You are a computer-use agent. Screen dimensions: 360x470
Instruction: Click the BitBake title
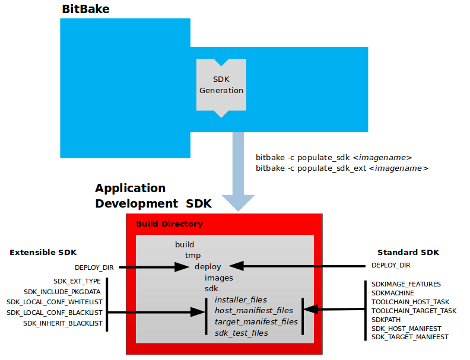pyautogui.click(x=85, y=9)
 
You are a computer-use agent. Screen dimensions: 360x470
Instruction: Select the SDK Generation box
pyautogui.click(x=221, y=85)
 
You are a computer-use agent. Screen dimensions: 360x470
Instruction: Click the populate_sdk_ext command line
pyautogui.click(x=342, y=168)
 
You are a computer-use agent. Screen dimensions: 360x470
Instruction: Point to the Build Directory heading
pyautogui.click(x=169, y=224)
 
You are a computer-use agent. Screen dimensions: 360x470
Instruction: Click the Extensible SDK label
pyautogui.click(x=43, y=253)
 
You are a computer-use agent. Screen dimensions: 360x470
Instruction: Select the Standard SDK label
pyautogui.click(x=408, y=253)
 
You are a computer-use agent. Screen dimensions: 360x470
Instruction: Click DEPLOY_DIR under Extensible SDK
pyautogui.click(x=94, y=267)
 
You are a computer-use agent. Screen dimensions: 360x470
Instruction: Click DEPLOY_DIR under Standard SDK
pyautogui.click(x=390, y=265)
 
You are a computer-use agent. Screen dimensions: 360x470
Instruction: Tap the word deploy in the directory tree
pyautogui.click(x=208, y=266)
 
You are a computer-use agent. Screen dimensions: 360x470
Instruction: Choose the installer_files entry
pyautogui.click(x=241, y=300)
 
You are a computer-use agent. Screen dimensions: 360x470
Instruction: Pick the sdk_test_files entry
pyautogui.click(x=241, y=333)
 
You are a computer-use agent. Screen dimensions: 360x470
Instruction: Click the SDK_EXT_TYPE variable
pyautogui.click(x=77, y=281)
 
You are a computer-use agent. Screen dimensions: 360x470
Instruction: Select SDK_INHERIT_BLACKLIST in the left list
pyautogui.click(x=63, y=323)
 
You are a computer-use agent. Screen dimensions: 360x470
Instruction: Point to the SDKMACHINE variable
pyautogui.click(x=393, y=293)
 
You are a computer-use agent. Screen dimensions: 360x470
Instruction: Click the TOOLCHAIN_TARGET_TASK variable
pyautogui.click(x=414, y=311)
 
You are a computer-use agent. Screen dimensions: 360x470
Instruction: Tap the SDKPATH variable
pyautogui.click(x=386, y=320)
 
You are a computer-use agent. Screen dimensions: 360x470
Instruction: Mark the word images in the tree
pyautogui.click(x=219, y=278)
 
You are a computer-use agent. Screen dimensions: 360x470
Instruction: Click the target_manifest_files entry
pyautogui.click(x=256, y=321)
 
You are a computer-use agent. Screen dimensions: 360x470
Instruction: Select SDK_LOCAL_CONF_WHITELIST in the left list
pyautogui.click(x=55, y=302)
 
